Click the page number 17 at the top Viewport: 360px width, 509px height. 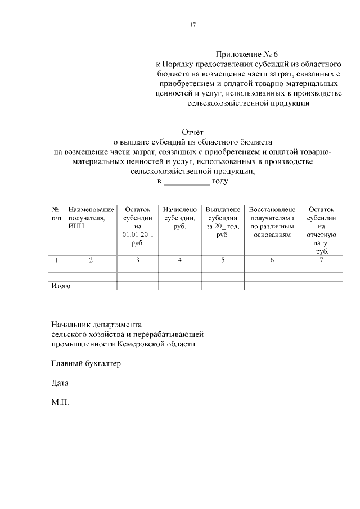click(193, 24)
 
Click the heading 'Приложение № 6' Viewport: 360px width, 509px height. click(247, 55)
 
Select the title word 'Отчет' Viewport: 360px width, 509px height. click(192, 132)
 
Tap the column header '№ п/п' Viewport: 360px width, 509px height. click(56, 213)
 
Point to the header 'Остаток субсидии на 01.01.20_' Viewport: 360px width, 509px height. click(137, 226)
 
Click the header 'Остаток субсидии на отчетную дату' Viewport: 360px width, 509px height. click(322, 230)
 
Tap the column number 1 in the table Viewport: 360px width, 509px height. click(56, 260)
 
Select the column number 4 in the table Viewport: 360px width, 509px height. click(179, 260)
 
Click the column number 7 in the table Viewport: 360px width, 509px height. click(322, 260)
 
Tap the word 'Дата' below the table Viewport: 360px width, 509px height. click(60, 383)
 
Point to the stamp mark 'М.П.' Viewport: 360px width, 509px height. click(60, 403)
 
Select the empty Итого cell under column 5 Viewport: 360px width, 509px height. click(223, 286)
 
